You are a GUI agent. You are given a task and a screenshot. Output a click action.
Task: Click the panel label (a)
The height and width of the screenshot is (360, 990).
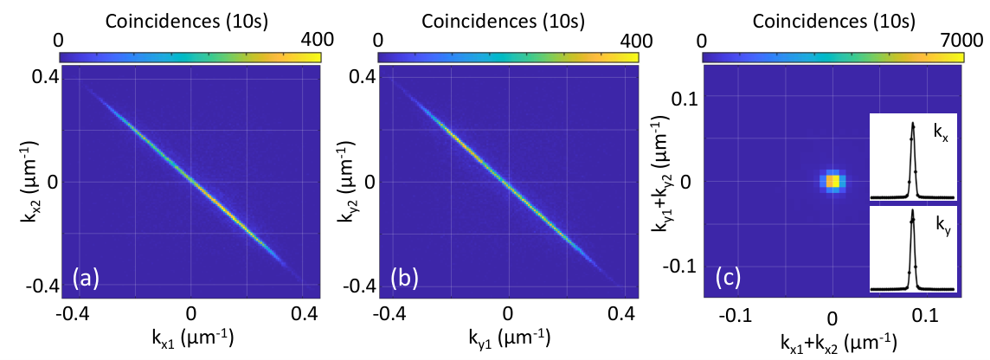click(86, 279)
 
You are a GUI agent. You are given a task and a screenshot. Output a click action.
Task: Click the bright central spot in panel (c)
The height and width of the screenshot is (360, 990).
click(833, 181)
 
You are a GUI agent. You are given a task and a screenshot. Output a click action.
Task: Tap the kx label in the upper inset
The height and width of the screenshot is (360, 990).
click(942, 132)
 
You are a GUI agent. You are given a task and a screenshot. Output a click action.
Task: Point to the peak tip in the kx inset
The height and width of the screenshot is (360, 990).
click(912, 123)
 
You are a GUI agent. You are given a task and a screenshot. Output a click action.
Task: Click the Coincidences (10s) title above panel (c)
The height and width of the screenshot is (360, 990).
click(832, 22)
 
